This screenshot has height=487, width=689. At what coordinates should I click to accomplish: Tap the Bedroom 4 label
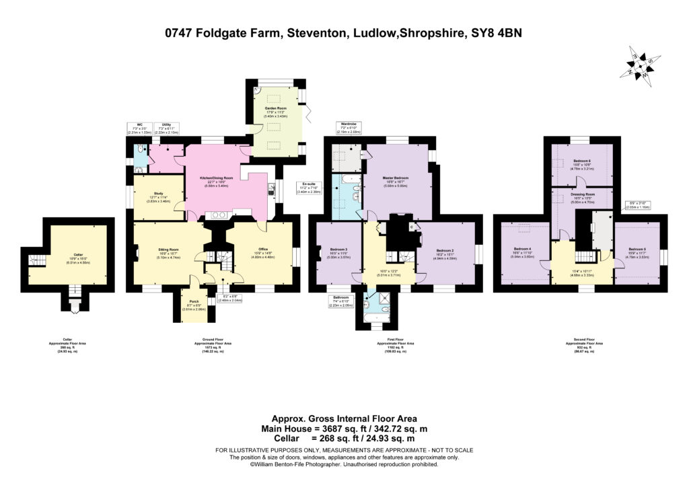pyautogui.click(x=524, y=248)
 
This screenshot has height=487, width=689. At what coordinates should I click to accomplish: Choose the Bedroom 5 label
pyautogui.click(x=637, y=248)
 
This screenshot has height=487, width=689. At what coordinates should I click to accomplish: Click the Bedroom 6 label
pyautogui.click(x=582, y=161)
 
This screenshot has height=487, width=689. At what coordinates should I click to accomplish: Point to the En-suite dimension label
pyautogui.click(x=310, y=186)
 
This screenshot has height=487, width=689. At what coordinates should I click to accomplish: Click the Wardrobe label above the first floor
pyautogui.click(x=348, y=124)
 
